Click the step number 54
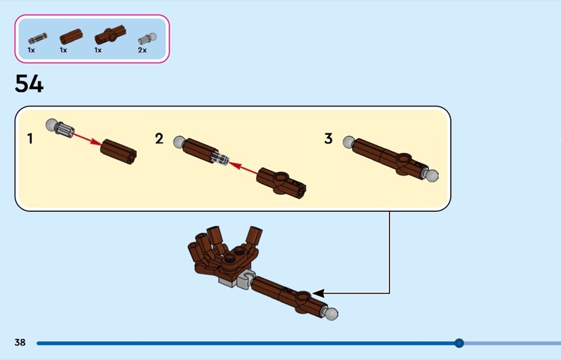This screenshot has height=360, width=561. pyautogui.click(x=29, y=84)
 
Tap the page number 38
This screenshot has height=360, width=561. pyautogui.click(x=20, y=342)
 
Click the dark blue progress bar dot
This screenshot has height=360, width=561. pyautogui.click(x=459, y=343)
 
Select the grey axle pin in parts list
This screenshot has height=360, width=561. pyautogui.click(x=38, y=38)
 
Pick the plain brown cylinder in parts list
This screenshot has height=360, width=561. pyautogui.click(x=72, y=36)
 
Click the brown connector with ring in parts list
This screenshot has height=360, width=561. pyautogui.click(x=110, y=35)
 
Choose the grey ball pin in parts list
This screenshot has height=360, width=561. pyautogui.click(x=147, y=39)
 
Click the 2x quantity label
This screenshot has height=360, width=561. pyautogui.click(x=142, y=50)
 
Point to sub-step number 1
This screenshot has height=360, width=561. pyautogui.click(x=30, y=139)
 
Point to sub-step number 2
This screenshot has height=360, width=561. pyautogui.click(x=159, y=138)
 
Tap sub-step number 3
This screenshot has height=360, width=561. pyautogui.click(x=328, y=138)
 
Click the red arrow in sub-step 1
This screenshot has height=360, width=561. pyautogui.click(x=87, y=139)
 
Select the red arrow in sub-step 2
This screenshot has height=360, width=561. pyautogui.click(x=243, y=168)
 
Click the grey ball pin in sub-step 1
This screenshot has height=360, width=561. pyautogui.click(x=60, y=128)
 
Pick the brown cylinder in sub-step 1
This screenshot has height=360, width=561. pyautogui.click(x=119, y=152)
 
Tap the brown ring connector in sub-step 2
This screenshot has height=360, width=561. pyautogui.click(x=281, y=182)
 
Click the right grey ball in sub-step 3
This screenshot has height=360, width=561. pyautogui.click(x=431, y=175)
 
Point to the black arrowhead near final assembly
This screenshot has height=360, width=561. pyautogui.click(x=318, y=293)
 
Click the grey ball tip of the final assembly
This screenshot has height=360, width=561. pyautogui.click(x=331, y=314)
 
